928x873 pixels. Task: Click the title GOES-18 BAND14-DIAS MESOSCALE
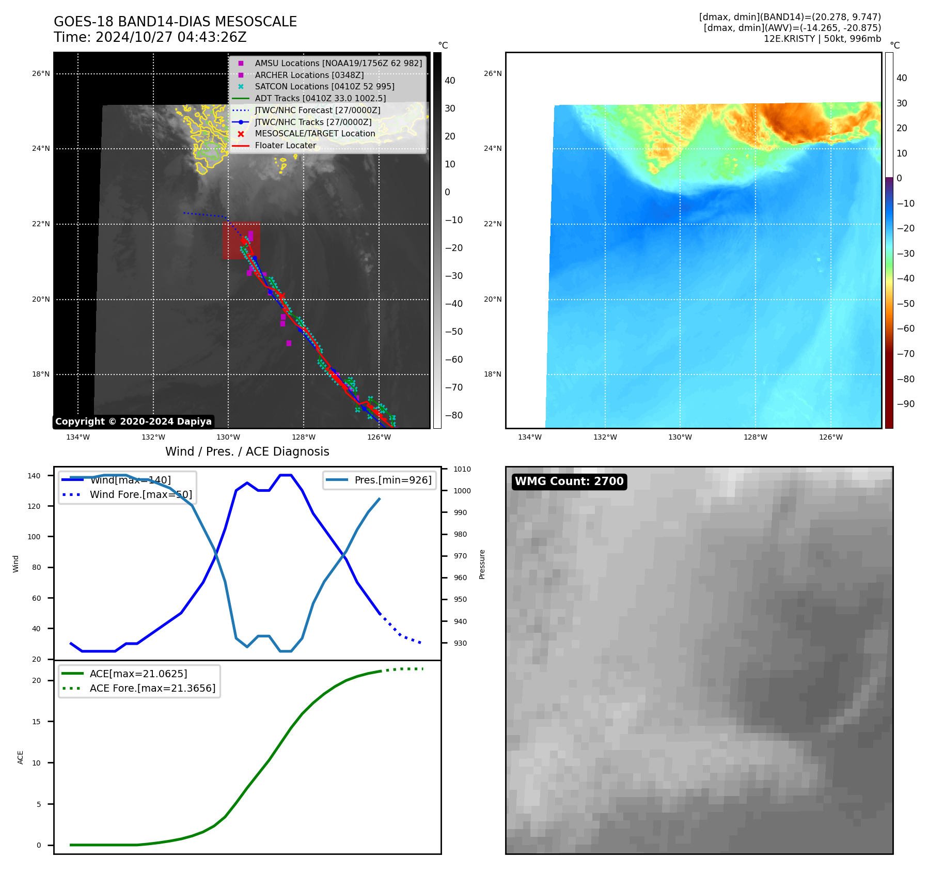175,22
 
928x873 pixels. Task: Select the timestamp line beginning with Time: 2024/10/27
150,38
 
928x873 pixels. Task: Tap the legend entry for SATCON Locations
324,86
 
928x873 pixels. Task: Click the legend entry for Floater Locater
285,146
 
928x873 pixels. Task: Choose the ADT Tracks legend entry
320,98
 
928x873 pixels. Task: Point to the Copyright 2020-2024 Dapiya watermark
133,422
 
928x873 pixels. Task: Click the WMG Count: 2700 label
569,481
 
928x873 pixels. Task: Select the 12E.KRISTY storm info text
822,39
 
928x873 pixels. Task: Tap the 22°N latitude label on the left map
41,224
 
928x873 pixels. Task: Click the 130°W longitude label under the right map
680,438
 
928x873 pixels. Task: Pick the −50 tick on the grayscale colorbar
454,332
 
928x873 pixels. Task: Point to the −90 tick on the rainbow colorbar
905,404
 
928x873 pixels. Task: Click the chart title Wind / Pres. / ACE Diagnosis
247,451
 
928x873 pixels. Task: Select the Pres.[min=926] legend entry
392,480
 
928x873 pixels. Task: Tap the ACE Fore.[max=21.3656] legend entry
152,688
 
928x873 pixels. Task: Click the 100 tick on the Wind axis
34,537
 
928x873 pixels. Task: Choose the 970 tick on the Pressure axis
460,556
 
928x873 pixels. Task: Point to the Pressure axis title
482,564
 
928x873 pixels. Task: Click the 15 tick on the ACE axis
36,722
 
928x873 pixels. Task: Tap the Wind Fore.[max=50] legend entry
140,494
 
